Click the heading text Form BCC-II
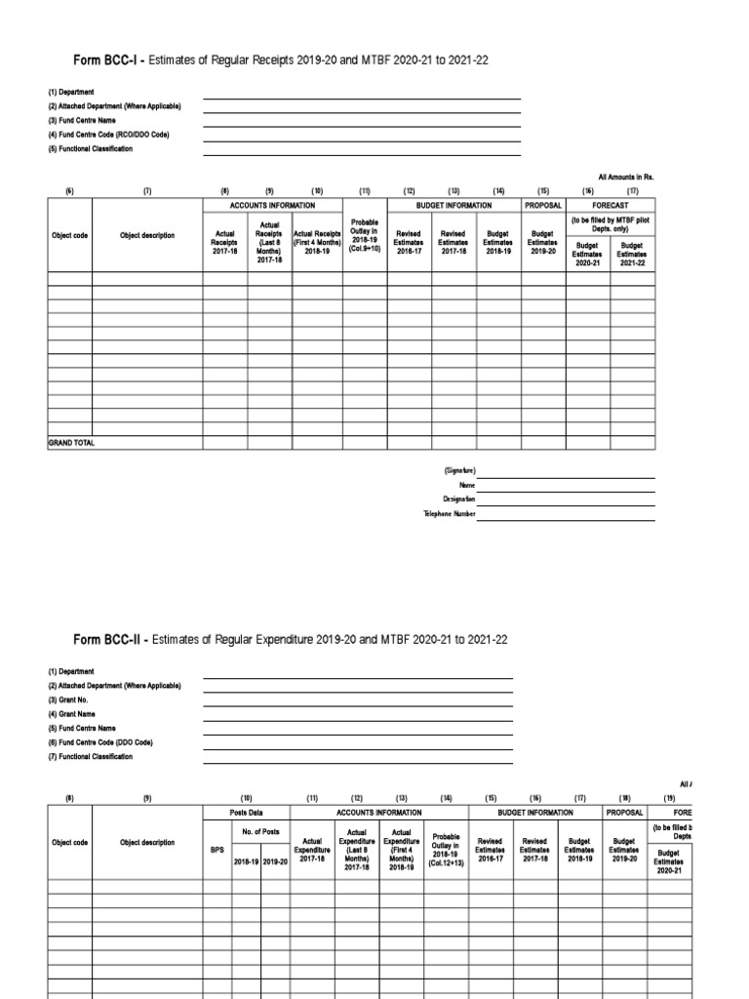pos(111,640)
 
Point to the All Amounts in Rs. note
pos(625,177)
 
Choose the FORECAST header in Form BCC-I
pos(611,206)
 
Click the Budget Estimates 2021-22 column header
pos(633,254)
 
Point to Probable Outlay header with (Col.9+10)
pos(365,237)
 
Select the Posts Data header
pos(246,812)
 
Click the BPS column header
pos(217,849)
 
